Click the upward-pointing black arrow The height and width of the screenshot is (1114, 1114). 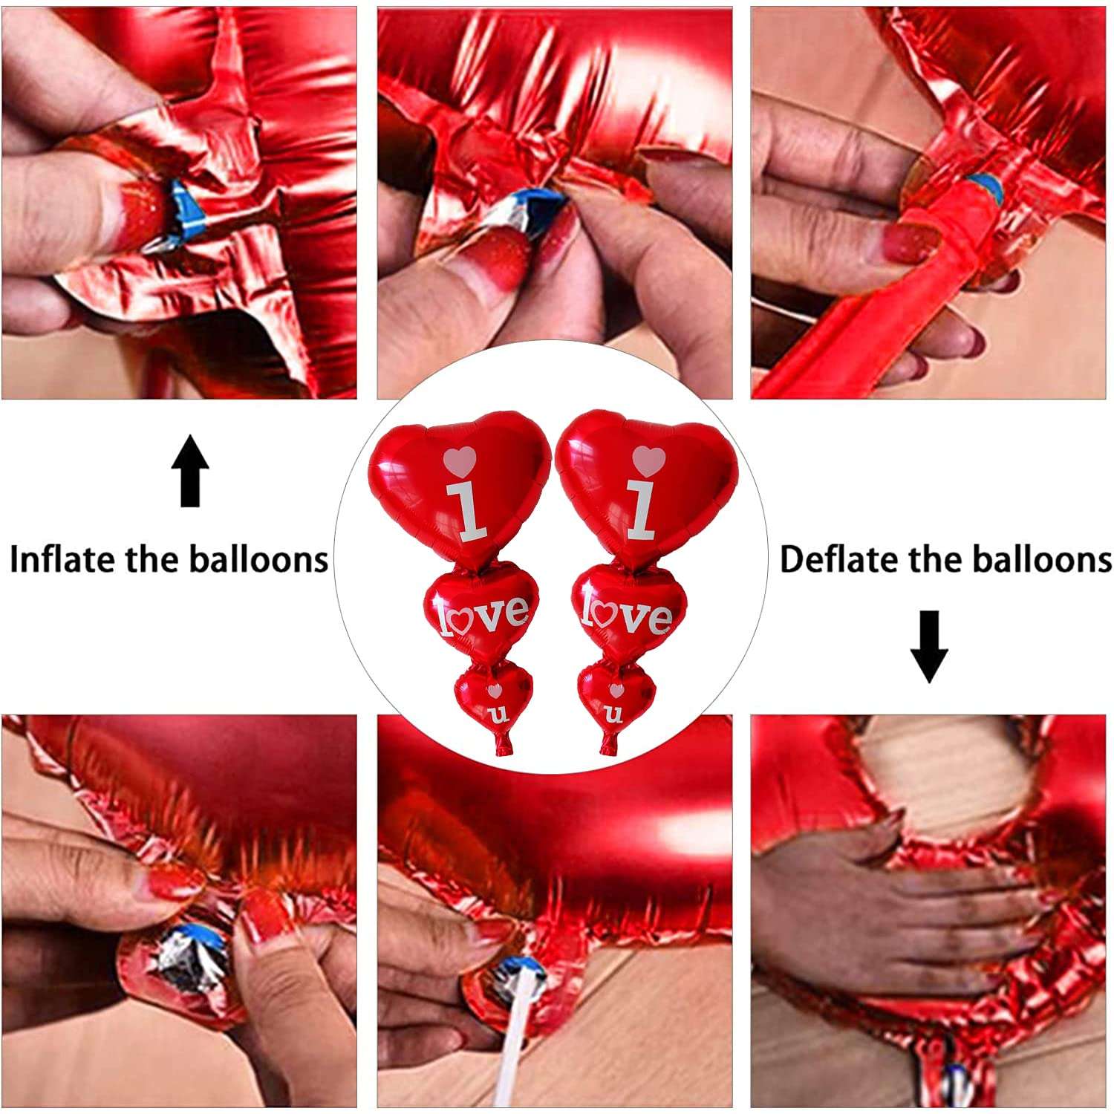click(x=190, y=471)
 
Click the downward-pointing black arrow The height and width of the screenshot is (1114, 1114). click(x=929, y=645)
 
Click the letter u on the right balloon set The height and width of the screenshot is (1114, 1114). click(x=614, y=715)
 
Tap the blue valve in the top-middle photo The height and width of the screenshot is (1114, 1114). click(x=536, y=206)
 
